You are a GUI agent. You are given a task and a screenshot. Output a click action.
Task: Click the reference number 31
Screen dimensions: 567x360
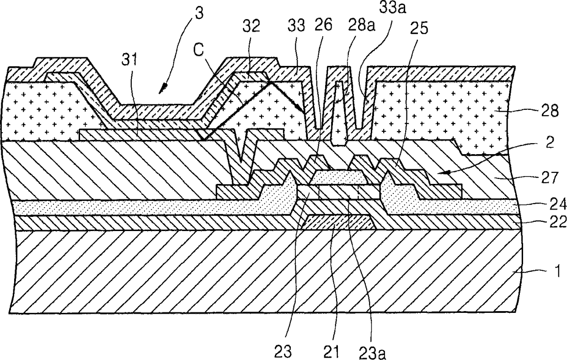click(x=129, y=60)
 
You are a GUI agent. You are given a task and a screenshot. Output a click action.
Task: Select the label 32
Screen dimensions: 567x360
click(x=251, y=27)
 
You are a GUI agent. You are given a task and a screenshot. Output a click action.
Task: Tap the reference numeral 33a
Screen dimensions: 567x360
click(x=392, y=8)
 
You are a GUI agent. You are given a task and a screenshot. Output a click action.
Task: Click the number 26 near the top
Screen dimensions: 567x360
click(x=323, y=25)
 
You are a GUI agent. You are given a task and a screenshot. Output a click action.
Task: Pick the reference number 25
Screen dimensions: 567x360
click(x=419, y=28)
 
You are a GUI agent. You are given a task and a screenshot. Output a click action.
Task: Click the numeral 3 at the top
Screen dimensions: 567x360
click(x=199, y=13)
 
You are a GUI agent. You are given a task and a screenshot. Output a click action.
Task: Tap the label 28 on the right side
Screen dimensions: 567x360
click(x=550, y=111)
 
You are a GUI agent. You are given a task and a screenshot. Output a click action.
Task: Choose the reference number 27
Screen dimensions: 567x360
click(x=549, y=178)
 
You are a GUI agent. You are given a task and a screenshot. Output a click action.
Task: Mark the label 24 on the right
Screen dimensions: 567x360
click(x=558, y=204)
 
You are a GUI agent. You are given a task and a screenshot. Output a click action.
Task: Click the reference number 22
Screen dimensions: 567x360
click(x=558, y=222)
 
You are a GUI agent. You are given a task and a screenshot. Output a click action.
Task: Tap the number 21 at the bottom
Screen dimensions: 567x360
click(x=332, y=352)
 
